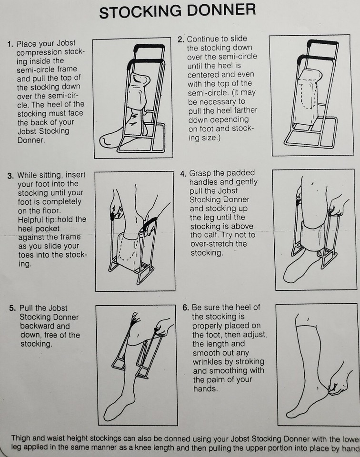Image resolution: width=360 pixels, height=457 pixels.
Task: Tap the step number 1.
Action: pos(10,44)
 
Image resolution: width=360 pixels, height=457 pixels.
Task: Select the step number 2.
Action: pos(180,39)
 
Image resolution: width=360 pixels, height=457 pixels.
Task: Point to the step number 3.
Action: pos(10,175)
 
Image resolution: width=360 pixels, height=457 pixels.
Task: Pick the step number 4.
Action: pos(183,173)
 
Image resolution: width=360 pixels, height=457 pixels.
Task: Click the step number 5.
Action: pos(12,308)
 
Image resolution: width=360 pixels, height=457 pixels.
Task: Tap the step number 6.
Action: pos(185,308)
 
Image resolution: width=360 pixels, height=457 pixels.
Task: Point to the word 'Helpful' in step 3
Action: pos(32,219)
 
